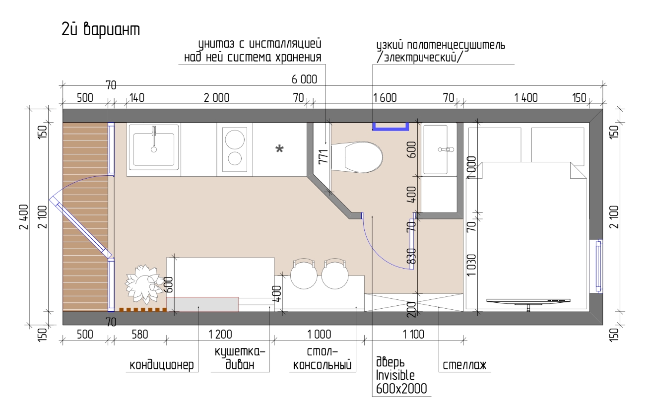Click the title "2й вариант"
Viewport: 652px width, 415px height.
click(x=101, y=29)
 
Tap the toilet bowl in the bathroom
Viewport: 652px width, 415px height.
click(x=357, y=157)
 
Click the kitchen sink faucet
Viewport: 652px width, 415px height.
click(x=154, y=139)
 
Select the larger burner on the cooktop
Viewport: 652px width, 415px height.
click(x=235, y=139)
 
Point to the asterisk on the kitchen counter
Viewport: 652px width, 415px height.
click(x=279, y=149)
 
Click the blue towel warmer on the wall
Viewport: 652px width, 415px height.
click(x=391, y=127)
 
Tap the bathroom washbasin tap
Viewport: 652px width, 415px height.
click(x=446, y=149)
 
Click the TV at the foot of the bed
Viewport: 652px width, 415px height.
click(x=528, y=302)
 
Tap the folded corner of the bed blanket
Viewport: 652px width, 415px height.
click(x=578, y=170)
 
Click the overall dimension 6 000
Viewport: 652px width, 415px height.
click(x=305, y=79)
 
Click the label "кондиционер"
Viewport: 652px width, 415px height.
click(x=162, y=365)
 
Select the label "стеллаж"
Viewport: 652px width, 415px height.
click(x=464, y=365)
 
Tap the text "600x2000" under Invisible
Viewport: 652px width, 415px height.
click(x=401, y=389)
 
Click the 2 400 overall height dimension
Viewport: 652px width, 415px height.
click(x=24, y=217)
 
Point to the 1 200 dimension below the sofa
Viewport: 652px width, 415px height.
click(x=220, y=334)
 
